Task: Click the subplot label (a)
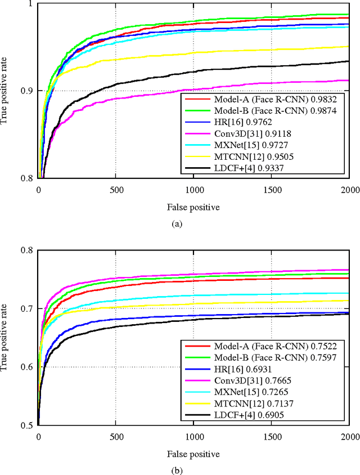point(177,224)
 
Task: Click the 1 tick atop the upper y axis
point(31,4)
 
